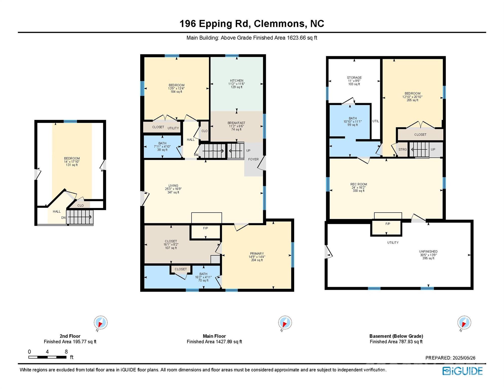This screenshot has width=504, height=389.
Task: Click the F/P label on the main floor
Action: [x=205, y=228]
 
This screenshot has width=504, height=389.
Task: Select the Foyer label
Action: [x=253, y=159]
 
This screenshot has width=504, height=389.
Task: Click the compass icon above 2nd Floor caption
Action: [x=101, y=323]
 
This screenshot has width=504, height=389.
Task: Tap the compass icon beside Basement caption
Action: [x=464, y=323]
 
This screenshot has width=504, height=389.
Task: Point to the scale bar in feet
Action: [x=47, y=357]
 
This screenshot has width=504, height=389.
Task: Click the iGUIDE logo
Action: [x=462, y=371]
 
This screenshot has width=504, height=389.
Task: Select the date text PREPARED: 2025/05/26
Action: [x=450, y=358]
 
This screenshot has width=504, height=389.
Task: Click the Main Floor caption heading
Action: [x=214, y=336]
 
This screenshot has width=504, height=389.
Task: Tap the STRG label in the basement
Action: [x=402, y=149]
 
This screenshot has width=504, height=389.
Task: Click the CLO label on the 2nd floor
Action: [x=80, y=205]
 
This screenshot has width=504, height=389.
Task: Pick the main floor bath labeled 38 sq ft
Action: [x=162, y=147]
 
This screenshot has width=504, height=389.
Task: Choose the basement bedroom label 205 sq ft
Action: [x=412, y=97]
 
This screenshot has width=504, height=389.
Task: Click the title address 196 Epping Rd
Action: [x=215, y=24]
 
